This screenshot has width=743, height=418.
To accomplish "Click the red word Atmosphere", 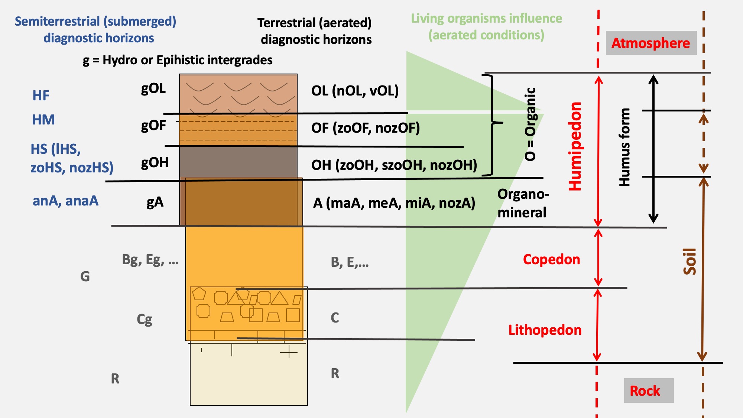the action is [650, 43].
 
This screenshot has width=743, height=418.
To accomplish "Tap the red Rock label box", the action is [649, 391].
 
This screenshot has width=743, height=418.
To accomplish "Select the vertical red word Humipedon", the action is [575, 146].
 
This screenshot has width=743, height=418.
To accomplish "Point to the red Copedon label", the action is [551, 259].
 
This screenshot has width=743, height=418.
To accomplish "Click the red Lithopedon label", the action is [545, 330].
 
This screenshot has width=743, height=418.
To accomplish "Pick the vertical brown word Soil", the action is [690, 261].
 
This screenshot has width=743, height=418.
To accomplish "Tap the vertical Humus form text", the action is [624, 147].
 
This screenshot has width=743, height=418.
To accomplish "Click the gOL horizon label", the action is [153, 89].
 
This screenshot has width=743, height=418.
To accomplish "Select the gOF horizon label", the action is [153, 126].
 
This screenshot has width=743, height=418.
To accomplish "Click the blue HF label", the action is [41, 95].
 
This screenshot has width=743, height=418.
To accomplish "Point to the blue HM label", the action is [43, 120].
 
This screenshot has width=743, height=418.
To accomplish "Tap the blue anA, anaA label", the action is [65, 201].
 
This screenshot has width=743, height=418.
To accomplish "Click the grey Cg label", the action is [145, 320].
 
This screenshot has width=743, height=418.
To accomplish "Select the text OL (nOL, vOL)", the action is [355, 91].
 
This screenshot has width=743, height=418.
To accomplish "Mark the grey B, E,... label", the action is [350, 262].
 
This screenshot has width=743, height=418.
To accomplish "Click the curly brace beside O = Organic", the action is [492, 125].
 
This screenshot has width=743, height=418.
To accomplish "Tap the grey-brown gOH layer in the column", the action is [238, 162].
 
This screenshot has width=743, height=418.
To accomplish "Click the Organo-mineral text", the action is [523, 203].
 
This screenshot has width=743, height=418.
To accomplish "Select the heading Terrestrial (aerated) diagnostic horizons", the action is [315, 31].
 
